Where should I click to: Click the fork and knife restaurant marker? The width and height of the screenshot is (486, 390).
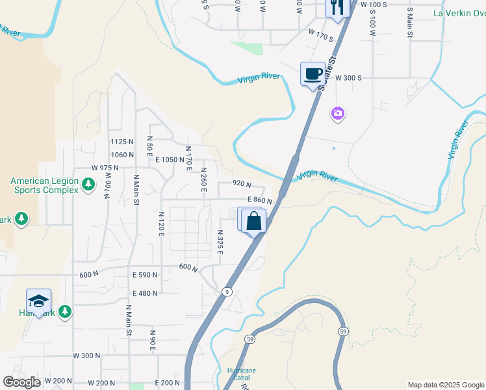[337, 8]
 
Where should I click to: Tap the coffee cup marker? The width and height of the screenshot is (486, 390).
[313, 73]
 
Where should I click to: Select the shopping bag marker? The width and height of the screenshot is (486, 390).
[254, 221]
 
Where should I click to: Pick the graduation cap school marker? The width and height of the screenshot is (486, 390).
[38, 302]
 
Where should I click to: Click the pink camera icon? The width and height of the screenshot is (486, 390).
[337, 114]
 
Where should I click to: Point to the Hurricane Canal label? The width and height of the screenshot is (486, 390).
[241, 374]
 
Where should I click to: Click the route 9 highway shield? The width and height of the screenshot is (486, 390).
[227, 291]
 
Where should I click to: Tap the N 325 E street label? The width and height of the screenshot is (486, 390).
[220, 242]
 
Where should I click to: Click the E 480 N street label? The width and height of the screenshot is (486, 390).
[145, 293]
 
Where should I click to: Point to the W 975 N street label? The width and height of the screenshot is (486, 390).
[105, 167]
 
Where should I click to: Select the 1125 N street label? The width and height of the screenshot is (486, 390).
[122, 142]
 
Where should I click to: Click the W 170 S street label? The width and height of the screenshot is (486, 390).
[320, 34]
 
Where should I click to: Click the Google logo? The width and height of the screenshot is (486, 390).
[21, 382]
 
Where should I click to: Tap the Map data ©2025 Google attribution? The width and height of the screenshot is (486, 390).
[445, 385]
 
